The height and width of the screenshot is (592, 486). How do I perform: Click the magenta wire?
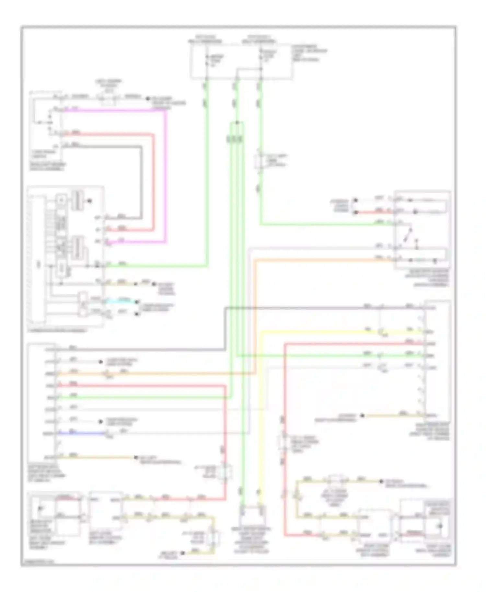point(166,175)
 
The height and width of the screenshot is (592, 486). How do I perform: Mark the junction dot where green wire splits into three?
point(237,123)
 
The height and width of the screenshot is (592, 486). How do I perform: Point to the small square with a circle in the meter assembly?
point(61,200)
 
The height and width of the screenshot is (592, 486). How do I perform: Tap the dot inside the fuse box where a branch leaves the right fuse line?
point(261,69)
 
